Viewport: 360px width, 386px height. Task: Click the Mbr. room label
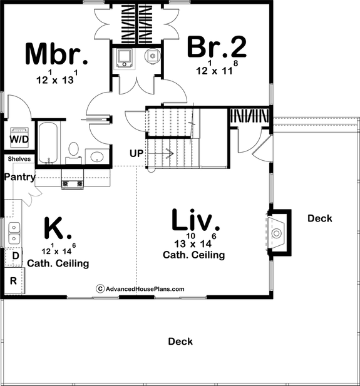55,54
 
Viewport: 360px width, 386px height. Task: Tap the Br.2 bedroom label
217,47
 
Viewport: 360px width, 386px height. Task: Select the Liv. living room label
195,221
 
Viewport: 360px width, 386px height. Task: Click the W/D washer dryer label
18,138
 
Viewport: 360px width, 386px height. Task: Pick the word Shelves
19,159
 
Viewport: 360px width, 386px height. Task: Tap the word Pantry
19,177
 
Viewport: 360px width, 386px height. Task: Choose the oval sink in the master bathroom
96,156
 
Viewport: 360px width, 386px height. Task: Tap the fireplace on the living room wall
277,233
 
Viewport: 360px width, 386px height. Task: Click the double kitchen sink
13,232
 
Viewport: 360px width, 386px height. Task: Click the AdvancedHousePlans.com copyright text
140,288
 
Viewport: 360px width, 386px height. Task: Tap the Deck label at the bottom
180,342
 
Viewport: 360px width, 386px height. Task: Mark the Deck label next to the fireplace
319,218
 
